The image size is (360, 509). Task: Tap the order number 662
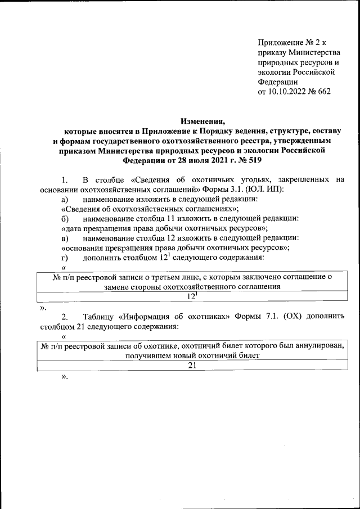pyautogui.click(x=323, y=92)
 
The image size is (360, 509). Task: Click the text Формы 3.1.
pyautogui.click(x=214, y=190)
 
